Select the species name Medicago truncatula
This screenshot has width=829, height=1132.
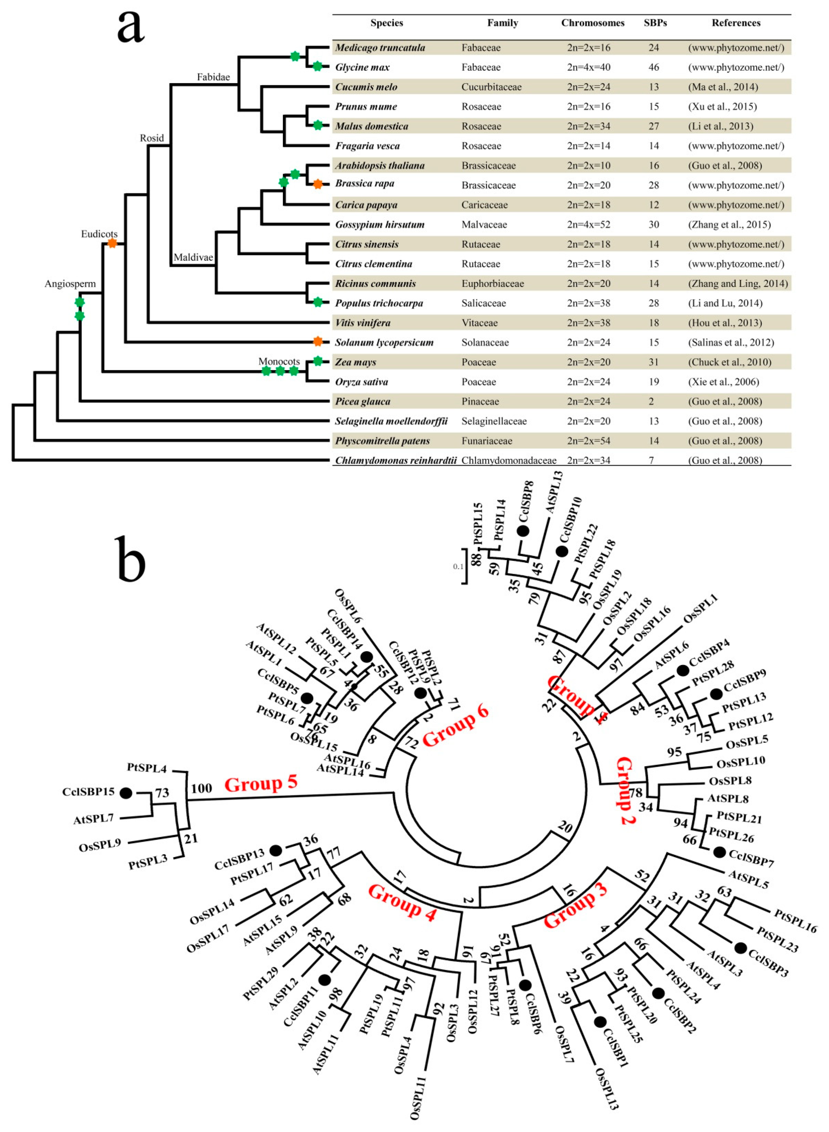tap(380, 48)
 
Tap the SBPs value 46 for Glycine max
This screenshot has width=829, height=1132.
tap(653, 67)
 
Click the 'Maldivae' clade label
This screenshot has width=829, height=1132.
tap(193, 257)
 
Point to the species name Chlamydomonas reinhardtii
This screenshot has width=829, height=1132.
tap(395, 460)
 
